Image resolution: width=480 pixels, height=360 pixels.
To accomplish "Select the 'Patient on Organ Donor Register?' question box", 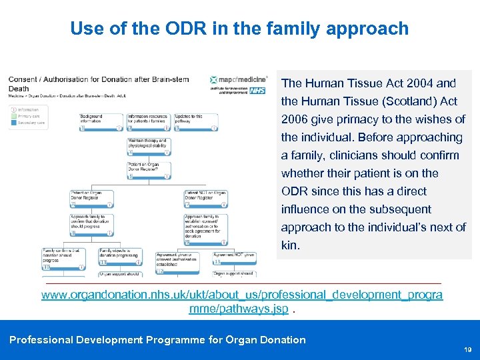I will (x=148, y=169).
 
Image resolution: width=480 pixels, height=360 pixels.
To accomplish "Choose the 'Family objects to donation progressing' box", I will (x=119, y=257).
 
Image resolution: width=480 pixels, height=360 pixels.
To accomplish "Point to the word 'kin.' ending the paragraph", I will (x=291, y=245).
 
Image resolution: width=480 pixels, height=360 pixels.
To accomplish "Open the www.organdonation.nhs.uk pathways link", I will (x=241, y=295).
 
